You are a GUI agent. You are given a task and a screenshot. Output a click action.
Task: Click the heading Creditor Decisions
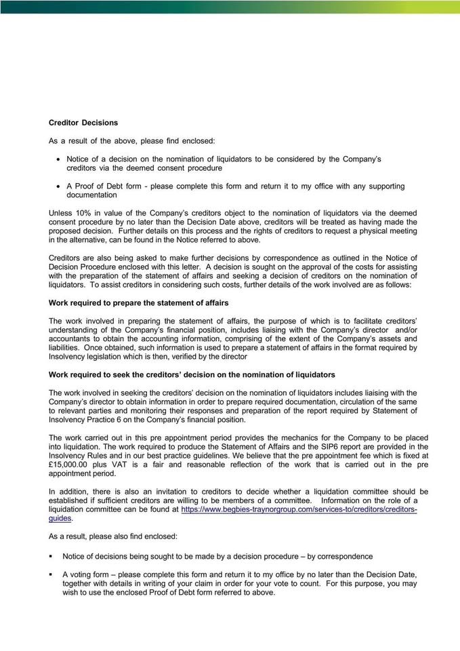(83, 123)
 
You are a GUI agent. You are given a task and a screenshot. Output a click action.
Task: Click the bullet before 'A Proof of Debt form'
(58, 186)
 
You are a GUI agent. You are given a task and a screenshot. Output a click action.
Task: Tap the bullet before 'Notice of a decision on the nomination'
(58, 159)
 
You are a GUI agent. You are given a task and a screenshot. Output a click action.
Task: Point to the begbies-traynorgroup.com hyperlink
(299, 509)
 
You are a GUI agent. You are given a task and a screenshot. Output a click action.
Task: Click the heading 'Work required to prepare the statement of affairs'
(138, 302)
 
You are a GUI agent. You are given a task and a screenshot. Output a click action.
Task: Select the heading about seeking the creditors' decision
(192, 375)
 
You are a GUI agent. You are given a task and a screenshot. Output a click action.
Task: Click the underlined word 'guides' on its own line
(60, 517)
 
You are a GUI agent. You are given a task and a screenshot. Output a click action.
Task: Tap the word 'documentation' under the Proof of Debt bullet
(91, 195)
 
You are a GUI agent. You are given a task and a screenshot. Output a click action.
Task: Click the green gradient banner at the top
(230, 7)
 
